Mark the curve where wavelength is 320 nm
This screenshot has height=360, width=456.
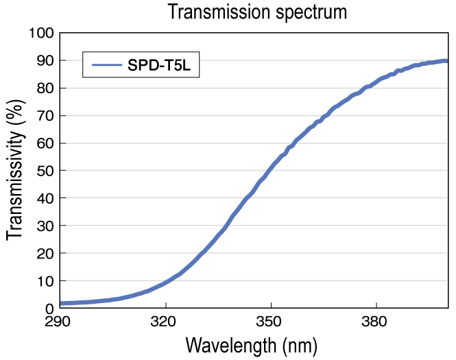tap(165, 282)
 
